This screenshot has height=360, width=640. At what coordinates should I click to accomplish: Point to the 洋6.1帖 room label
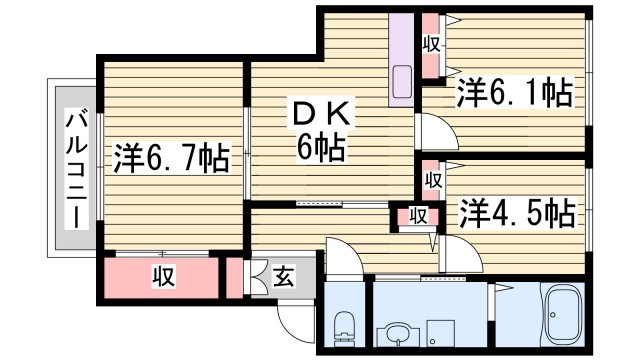pos(515,95)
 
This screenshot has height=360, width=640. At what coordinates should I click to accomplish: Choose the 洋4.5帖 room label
pos(516,213)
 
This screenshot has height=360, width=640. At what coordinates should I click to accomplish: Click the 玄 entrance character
pos(283,277)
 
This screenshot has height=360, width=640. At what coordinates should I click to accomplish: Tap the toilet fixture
pos(345,323)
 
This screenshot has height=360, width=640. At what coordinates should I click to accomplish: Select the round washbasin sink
pos(395,332)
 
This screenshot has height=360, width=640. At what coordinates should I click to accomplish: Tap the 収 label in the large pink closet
pos(160,275)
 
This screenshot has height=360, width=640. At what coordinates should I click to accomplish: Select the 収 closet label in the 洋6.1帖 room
pos(431,44)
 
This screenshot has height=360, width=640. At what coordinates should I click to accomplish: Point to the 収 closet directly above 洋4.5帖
pos(432,180)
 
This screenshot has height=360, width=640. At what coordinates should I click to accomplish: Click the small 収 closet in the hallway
pos(418,216)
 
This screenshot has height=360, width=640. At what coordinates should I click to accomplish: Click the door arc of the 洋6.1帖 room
pos(433,129)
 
